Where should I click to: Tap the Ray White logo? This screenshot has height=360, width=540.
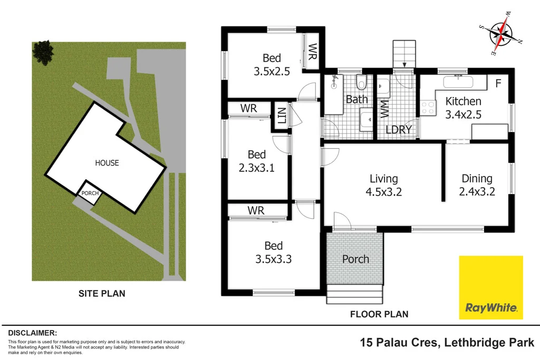click(490, 287)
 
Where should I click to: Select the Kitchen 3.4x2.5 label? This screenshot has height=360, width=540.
click(463, 107)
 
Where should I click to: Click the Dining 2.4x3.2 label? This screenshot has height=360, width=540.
click(477, 185)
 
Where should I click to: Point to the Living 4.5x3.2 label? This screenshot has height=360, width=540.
click(383, 185)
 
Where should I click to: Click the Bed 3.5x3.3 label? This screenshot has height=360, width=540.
click(273, 252)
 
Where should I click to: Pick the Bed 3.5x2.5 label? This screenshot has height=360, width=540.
click(272, 64)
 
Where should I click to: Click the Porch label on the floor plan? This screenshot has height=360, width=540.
click(355, 259)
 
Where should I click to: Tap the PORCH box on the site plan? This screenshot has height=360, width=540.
click(90, 193)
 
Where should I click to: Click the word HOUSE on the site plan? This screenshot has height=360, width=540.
click(107, 163)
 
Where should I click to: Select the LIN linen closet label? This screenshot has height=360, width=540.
click(281, 115)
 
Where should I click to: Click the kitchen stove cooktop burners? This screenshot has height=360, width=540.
click(428, 108)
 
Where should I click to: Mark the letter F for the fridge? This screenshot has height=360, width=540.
click(498, 83)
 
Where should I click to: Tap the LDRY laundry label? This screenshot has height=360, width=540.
click(398, 129)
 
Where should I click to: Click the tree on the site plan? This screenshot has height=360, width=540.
click(43, 52)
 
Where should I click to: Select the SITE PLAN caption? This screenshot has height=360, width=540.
click(102, 294)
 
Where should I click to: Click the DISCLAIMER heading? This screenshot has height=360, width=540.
click(32, 333)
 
